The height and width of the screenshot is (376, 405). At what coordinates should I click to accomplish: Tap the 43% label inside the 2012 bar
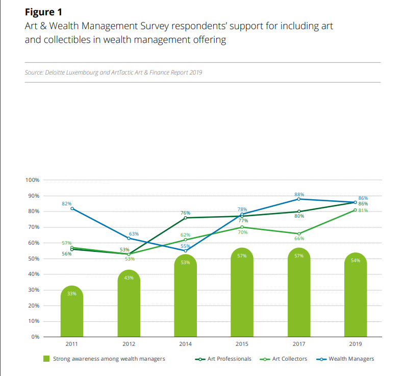(129, 277)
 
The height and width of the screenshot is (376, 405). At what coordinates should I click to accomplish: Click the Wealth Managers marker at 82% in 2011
(72, 208)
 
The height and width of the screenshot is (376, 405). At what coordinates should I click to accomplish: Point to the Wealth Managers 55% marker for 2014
(185, 250)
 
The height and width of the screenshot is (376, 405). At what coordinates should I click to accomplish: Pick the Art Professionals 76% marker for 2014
(185, 218)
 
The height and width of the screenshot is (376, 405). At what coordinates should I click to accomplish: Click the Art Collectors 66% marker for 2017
(299, 233)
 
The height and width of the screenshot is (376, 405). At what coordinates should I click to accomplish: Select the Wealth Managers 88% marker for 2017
(299, 199)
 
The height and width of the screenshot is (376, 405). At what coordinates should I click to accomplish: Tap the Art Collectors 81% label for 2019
(363, 210)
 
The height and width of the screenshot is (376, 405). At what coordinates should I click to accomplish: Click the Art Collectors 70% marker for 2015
(242, 227)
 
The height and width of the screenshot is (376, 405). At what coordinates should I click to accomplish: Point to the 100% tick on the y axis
(32, 180)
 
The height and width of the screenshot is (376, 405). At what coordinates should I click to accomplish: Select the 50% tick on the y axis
(34, 259)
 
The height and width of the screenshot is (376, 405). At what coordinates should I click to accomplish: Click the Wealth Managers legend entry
(351, 359)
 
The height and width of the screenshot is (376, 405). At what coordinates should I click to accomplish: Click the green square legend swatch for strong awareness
(46, 359)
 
